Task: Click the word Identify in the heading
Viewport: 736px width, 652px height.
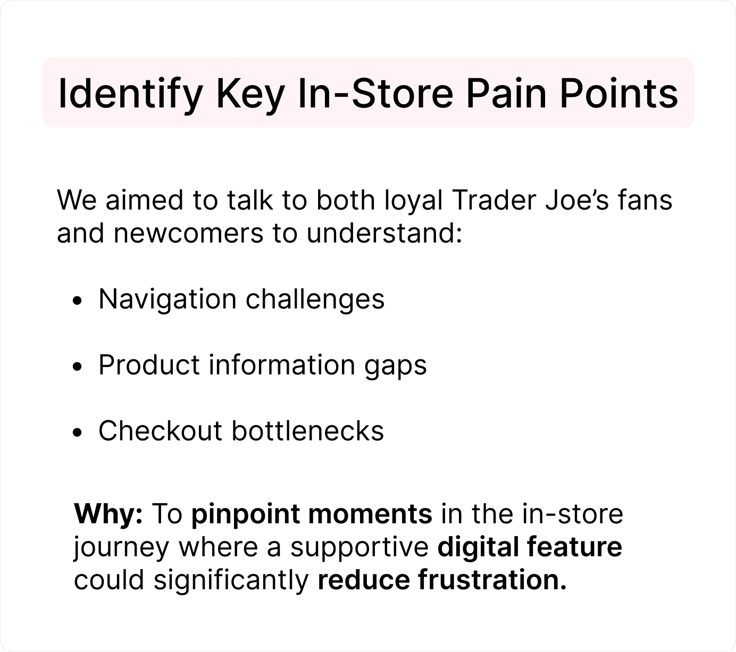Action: (130, 94)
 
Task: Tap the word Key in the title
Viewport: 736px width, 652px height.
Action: (250, 94)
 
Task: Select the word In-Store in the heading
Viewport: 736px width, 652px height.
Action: (375, 94)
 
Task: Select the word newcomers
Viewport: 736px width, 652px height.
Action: (188, 233)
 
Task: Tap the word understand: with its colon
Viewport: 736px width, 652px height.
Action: (384, 232)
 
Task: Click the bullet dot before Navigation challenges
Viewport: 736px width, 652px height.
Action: (77, 301)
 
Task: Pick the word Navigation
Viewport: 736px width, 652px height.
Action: (168, 299)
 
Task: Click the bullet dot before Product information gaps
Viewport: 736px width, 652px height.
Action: (77, 367)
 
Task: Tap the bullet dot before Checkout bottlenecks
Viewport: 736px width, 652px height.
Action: (77, 432)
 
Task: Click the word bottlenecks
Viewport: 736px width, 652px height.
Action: (308, 431)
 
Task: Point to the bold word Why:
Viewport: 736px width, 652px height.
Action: (108, 514)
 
